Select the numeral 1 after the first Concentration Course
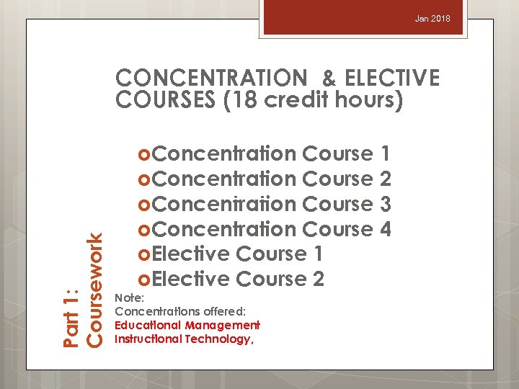click(385, 153)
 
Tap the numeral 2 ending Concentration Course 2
click(385, 179)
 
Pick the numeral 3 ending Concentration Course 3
click(385, 204)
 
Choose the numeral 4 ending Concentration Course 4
click(385, 229)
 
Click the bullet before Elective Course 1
click(143, 254)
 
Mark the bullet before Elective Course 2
click(143, 280)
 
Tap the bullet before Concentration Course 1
click(143, 153)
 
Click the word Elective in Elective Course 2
click(190, 279)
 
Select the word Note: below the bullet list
click(130, 297)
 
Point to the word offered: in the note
click(223, 311)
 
